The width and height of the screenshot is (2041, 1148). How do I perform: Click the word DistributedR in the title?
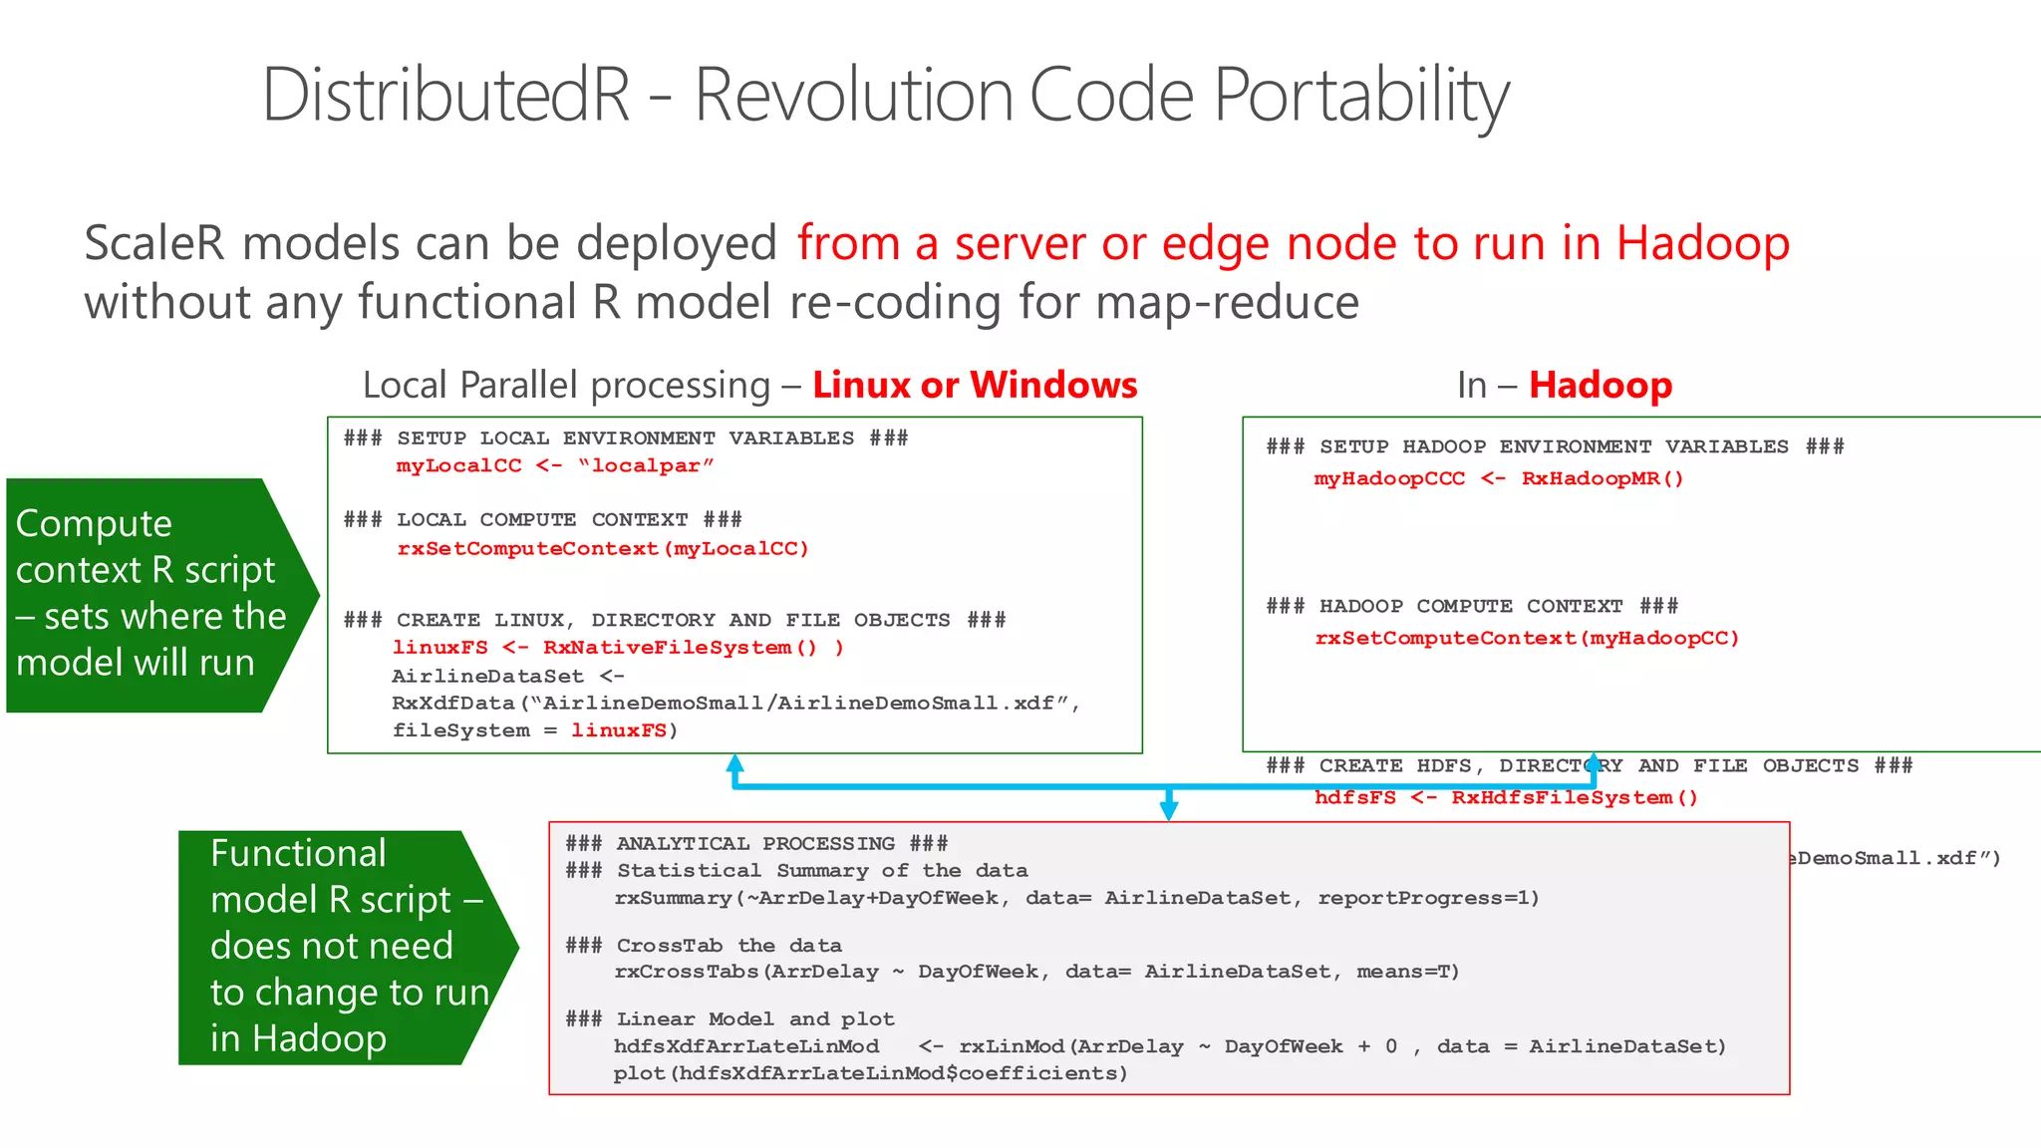(445, 97)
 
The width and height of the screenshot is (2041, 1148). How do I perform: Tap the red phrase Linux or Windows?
(975, 386)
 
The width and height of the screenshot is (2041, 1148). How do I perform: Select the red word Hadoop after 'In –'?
(1601, 386)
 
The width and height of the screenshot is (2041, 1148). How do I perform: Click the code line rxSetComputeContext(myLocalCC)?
(603, 549)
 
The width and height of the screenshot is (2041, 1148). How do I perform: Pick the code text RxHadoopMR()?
(1602, 479)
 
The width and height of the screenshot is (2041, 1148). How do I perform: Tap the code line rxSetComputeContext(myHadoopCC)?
(1527, 639)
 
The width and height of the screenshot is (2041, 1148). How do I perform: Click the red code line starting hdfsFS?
(1505, 798)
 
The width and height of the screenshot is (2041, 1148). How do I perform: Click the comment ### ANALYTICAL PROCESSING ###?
(756, 844)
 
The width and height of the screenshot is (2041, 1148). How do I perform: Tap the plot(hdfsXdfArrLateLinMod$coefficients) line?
(870, 1074)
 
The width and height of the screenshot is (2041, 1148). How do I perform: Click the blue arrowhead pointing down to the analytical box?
(1169, 810)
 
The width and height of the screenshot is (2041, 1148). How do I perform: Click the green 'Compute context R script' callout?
(149, 595)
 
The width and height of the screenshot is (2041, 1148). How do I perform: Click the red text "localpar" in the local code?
(646, 466)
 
